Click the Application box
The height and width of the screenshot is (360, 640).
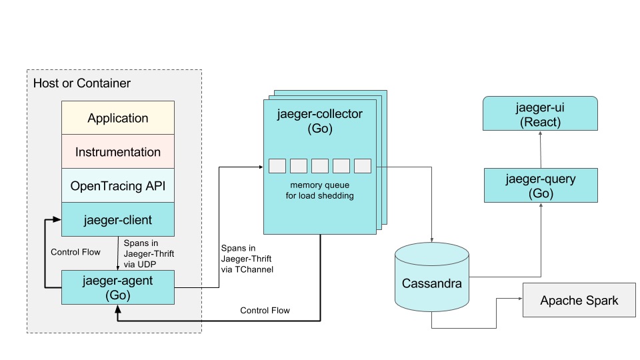118,118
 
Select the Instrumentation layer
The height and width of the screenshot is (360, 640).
118,152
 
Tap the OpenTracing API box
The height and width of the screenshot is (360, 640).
118,186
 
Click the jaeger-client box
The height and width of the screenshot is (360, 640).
118,219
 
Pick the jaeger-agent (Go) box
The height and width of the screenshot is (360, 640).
118,287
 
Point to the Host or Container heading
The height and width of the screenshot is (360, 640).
82,83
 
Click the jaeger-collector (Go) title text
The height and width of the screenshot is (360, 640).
319,121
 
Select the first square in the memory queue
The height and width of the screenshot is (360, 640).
277,166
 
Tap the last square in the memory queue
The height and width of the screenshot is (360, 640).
363,166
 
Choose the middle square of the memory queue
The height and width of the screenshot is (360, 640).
320,166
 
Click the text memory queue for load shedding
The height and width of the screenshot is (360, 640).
320,190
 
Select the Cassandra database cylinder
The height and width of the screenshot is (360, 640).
431,283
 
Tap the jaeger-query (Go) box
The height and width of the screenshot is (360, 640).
540,186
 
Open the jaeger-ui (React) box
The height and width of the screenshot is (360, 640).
540,114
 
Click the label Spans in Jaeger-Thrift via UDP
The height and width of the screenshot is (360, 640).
147,253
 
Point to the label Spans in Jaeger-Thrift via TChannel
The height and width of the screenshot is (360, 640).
246,259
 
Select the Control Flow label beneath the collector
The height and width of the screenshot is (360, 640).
265,311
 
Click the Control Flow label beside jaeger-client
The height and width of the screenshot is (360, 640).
75,253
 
